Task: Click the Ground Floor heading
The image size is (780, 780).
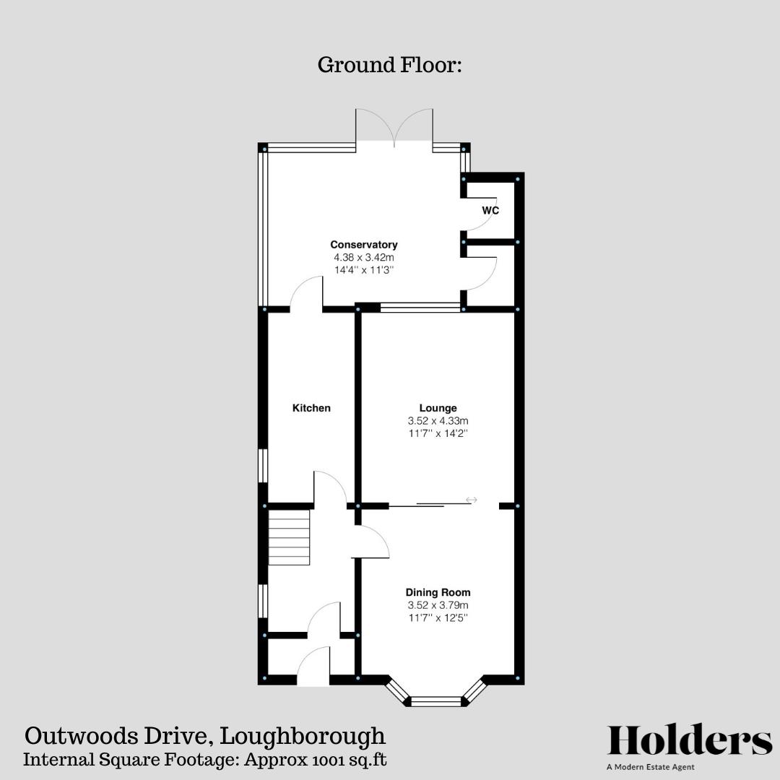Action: pyautogui.click(x=389, y=65)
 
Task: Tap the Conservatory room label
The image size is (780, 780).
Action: pyautogui.click(x=364, y=245)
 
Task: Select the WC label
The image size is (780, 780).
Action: pyautogui.click(x=491, y=210)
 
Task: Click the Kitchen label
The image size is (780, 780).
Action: pyautogui.click(x=311, y=408)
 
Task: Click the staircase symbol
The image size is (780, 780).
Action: pyautogui.click(x=290, y=537)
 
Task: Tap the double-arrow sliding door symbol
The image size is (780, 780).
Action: pyautogui.click(x=472, y=500)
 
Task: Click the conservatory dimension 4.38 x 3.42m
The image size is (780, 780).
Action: pyautogui.click(x=364, y=257)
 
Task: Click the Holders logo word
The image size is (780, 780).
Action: pyautogui.click(x=690, y=741)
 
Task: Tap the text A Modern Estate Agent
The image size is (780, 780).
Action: pyautogui.click(x=651, y=767)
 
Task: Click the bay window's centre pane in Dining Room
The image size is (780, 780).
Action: pyautogui.click(x=435, y=701)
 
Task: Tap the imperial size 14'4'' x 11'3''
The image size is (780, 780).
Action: pyautogui.click(x=364, y=269)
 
